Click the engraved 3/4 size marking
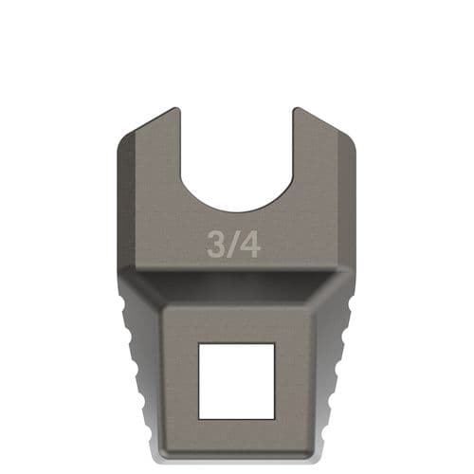click(234, 245)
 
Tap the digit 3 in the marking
click(217, 245)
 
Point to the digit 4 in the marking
click(250, 245)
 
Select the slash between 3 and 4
click(234, 245)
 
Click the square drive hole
click(236, 380)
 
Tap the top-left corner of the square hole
click(199, 344)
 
